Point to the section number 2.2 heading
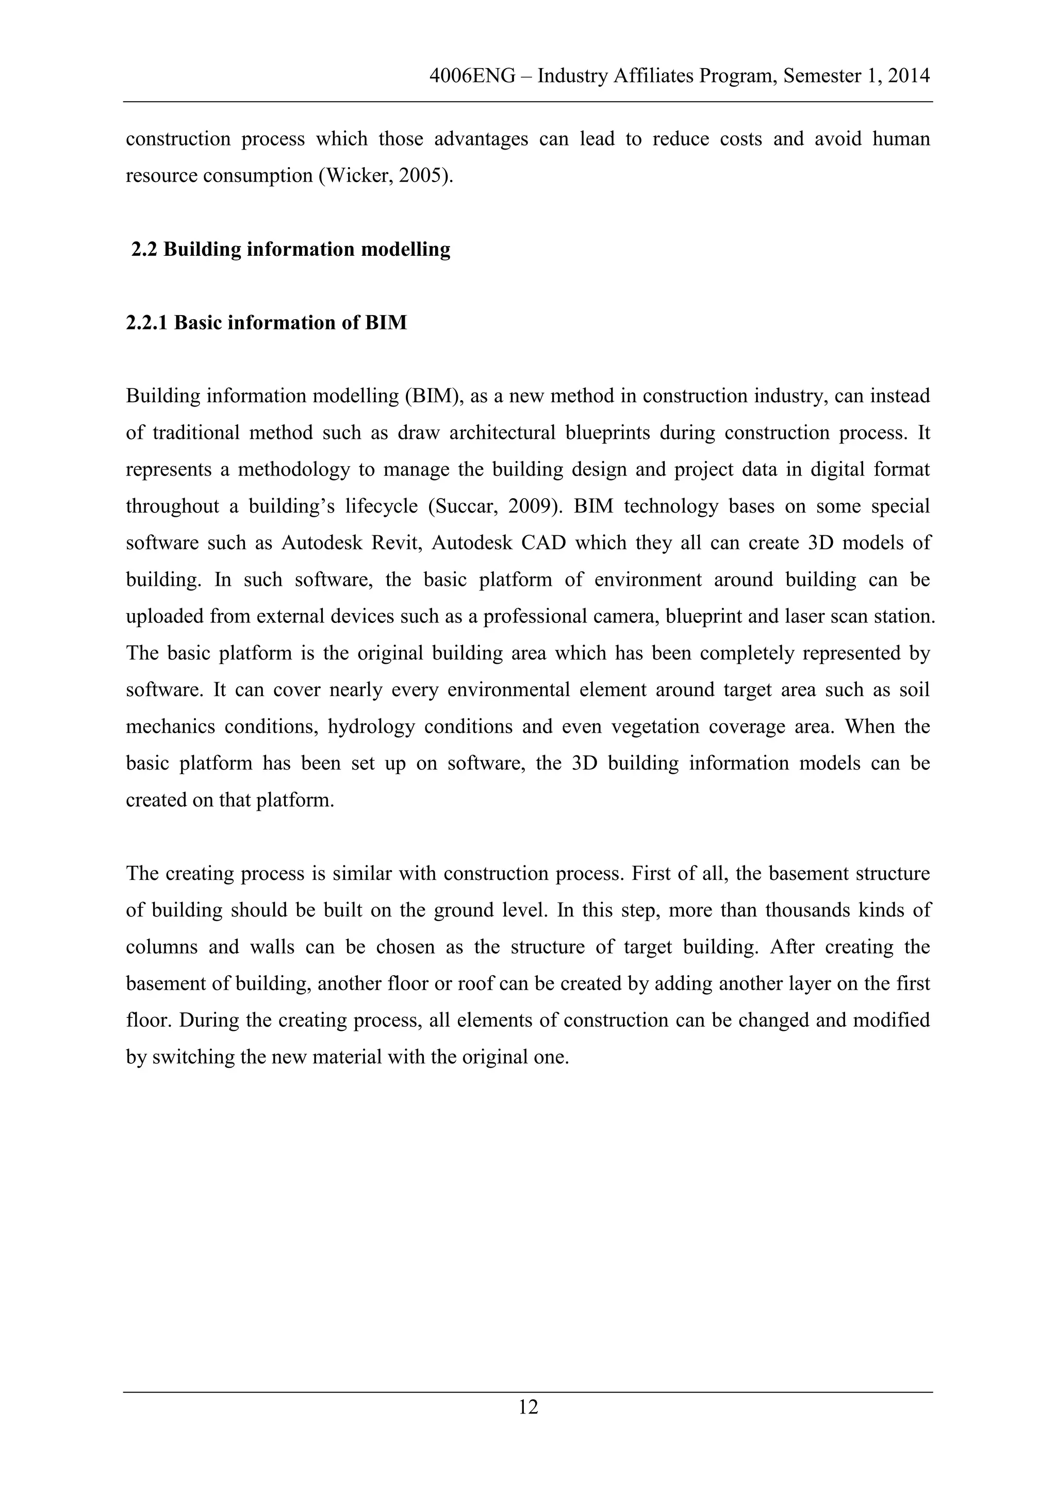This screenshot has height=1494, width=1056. [x=144, y=249]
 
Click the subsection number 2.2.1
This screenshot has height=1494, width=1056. [x=147, y=323]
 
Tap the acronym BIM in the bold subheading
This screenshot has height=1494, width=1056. [x=385, y=323]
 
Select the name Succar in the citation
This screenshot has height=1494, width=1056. [x=462, y=506]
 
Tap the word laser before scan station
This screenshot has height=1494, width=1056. [x=807, y=616]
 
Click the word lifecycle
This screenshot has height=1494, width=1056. [x=381, y=506]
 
